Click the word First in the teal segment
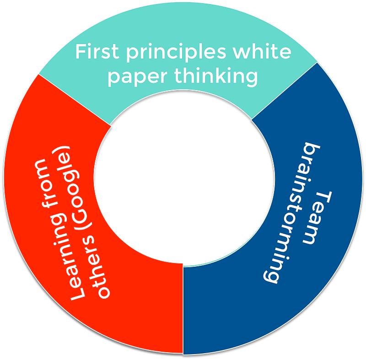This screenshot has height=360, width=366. (x=93, y=52)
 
